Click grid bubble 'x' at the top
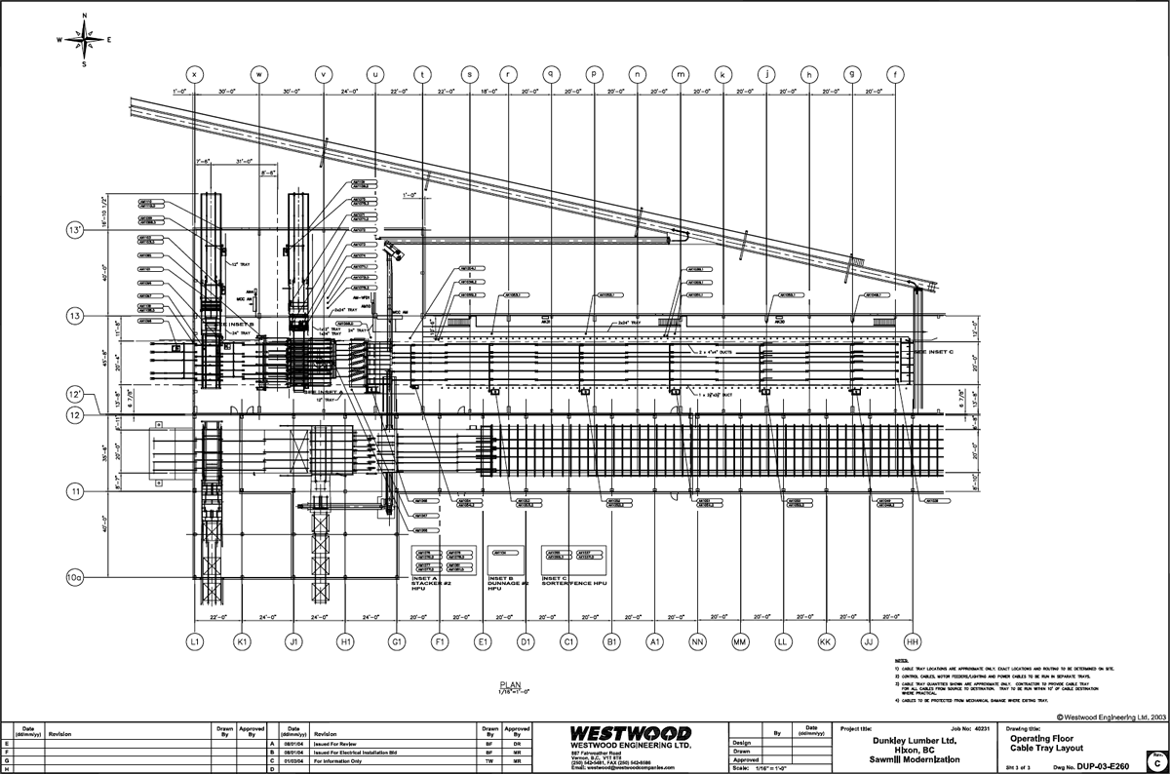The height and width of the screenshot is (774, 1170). (x=195, y=73)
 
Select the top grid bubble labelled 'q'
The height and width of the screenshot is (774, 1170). (x=551, y=73)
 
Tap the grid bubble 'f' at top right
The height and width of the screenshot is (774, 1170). (x=894, y=73)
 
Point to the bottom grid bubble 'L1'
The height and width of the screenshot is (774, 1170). (x=195, y=641)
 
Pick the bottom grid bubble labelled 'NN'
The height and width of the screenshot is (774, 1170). (x=698, y=641)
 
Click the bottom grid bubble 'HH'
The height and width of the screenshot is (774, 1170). (x=913, y=641)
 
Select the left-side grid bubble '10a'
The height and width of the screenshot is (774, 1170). (x=76, y=577)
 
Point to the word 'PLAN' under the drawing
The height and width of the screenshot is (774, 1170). (x=512, y=684)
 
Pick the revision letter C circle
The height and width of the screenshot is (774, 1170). (x=1156, y=761)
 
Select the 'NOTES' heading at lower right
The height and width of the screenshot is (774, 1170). (x=901, y=660)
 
